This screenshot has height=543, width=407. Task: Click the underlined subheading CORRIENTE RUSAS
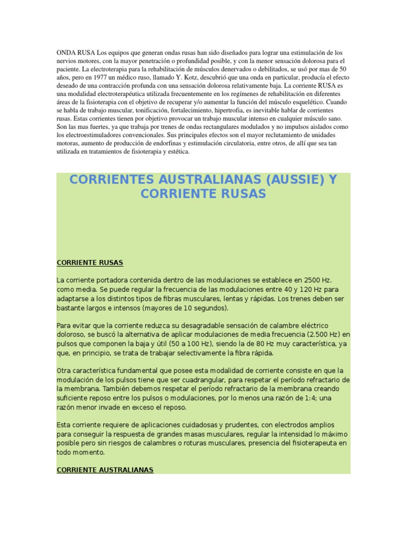[90, 262]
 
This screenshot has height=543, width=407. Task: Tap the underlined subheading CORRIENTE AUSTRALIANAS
[105, 470]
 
